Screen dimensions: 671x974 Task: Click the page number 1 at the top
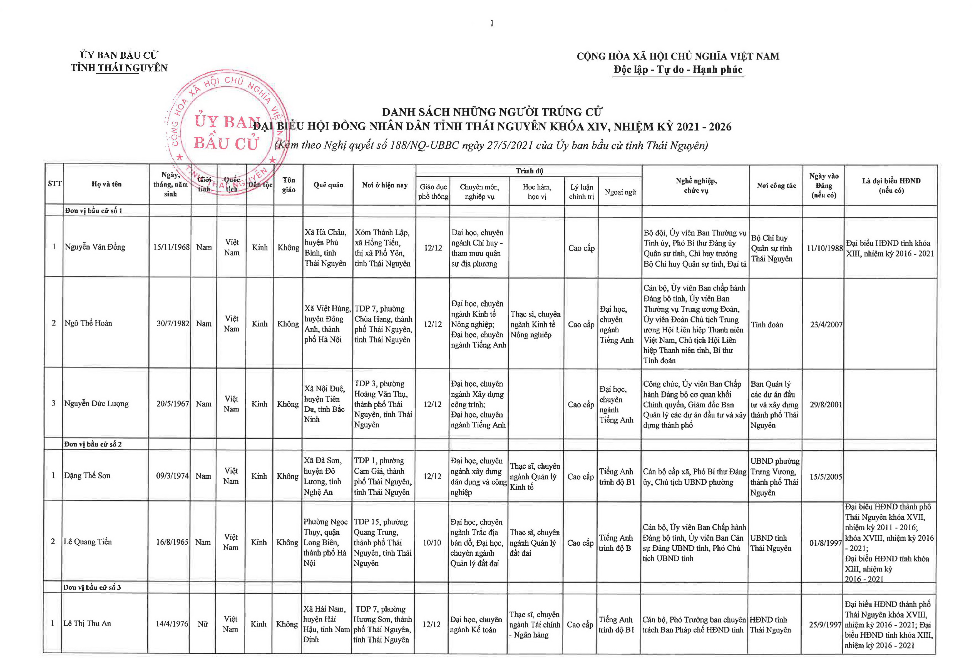491,24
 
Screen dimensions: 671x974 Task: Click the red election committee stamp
227,132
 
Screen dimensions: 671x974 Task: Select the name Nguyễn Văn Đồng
95,247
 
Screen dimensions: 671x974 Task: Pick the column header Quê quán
328,185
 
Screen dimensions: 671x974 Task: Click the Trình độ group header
529,171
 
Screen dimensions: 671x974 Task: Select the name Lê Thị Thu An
87,623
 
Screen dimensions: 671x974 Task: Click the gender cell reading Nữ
203,624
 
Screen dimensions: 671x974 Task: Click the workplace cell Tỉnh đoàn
767,325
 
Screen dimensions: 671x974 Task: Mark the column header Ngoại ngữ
620,192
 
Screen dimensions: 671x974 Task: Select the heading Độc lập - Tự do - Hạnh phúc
678,70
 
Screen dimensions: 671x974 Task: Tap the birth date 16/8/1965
172,542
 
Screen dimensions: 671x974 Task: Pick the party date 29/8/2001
826,404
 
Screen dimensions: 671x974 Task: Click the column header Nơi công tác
776,185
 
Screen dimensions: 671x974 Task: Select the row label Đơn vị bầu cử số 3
92,587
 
